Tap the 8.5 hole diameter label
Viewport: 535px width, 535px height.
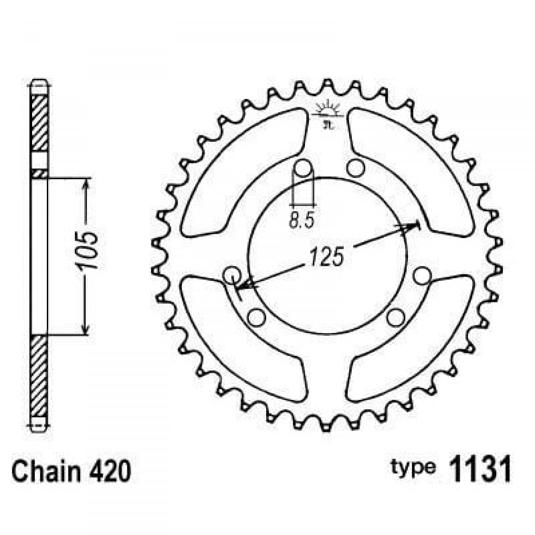tap(302, 220)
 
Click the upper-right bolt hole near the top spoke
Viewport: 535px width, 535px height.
tap(355, 168)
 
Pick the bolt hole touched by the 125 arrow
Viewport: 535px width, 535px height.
tap(231, 274)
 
